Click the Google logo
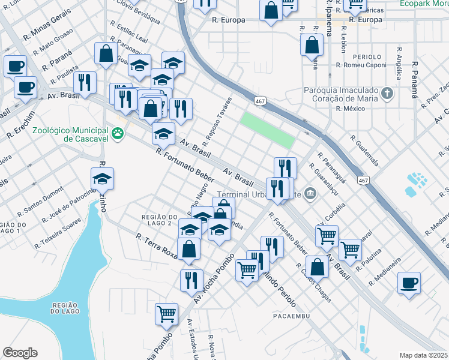pyautogui.click(x=20, y=353)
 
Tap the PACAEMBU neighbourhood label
pyautogui.click(x=291, y=316)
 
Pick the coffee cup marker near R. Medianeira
pyautogui.click(x=409, y=282)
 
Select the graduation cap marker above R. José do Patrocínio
pyautogui.click(x=103, y=178)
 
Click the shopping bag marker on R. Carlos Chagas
pyautogui.click(x=318, y=266)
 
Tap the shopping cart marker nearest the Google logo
pyautogui.click(x=167, y=313)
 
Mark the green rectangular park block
pyautogui.click(x=268, y=129)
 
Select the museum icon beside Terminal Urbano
pyautogui.click(x=310, y=193)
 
